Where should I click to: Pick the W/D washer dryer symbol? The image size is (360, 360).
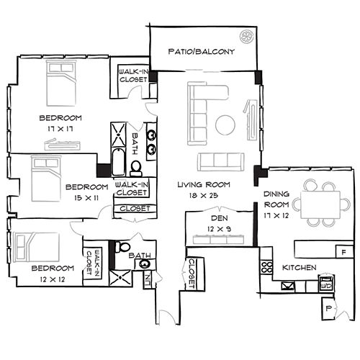tap(325, 284)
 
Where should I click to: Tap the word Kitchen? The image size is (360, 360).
tap(299, 268)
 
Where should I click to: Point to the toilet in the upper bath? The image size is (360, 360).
tap(136, 167)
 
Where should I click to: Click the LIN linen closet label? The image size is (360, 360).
tap(147, 276)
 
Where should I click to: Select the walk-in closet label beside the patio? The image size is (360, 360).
tap(133, 76)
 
